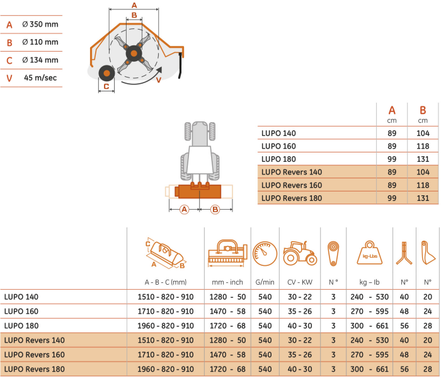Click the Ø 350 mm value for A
pos(40,25)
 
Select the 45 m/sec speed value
pos(41,77)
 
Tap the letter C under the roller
pos(106,86)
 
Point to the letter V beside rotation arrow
pos(158,81)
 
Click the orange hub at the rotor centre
pos(134,54)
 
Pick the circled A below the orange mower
pos(184,209)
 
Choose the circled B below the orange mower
pos(214,209)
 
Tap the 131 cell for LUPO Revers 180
pos(423,198)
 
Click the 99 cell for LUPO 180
pos(392,159)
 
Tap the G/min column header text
pos(265,282)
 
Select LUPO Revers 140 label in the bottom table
pos(34,340)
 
